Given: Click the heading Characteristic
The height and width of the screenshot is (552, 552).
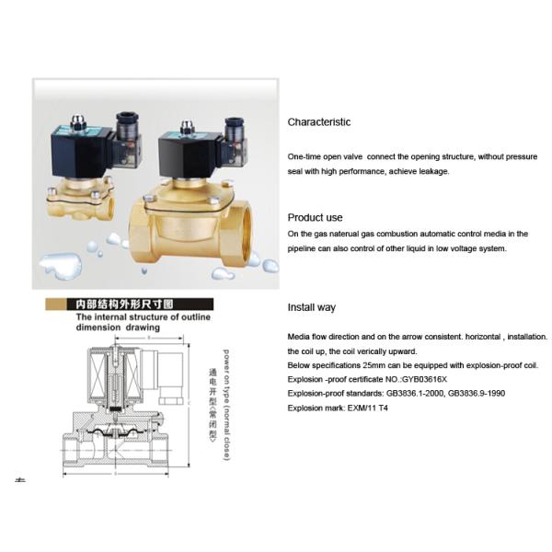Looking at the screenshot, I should tap(318, 121).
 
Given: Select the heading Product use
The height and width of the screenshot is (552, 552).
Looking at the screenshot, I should tap(315, 217).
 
